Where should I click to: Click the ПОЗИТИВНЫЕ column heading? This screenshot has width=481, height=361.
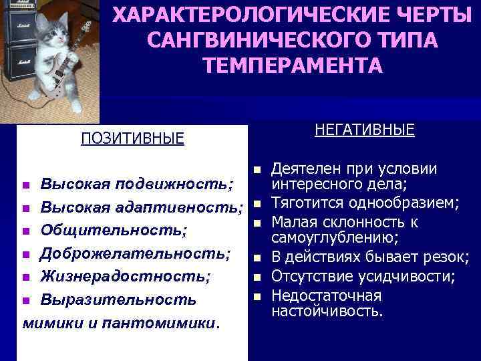132,138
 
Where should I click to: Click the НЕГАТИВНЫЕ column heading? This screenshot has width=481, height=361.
363,129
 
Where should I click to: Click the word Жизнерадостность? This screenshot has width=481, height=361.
126,275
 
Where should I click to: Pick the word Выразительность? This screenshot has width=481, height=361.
118,299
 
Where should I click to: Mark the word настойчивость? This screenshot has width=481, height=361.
326,311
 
